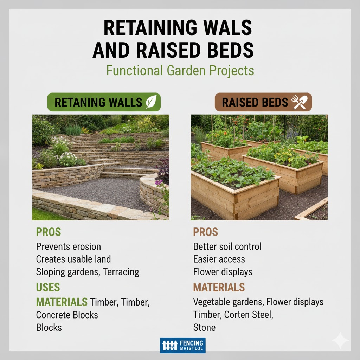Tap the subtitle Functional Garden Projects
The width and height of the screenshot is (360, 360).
pyautogui.click(x=180, y=70)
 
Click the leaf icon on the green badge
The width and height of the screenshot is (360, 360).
pyautogui.click(x=151, y=102)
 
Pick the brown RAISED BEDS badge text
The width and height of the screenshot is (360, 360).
pyautogui.click(x=255, y=102)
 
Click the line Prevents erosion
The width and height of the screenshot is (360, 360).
pyautogui.click(x=69, y=246)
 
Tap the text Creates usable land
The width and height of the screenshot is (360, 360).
pyautogui.click(x=73, y=259)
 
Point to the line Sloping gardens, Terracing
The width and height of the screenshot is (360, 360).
pyautogui.click(x=88, y=272)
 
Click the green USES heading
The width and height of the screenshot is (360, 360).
pyautogui.click(x=48, y=287)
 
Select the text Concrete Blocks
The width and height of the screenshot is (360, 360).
pyautogui.click(x=67, y=315)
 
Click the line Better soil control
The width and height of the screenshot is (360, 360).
pyautogui.click(x=227, y=246)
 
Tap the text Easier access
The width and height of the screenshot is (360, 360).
pyautogui.click(x=219, y=259)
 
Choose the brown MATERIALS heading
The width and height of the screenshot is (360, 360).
pyautogui.click(x=219, y=287)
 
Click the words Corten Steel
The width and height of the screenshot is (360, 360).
pyautogui.click(x=249, y=315)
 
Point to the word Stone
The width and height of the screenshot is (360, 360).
pyautogui.click(x=204, y=327)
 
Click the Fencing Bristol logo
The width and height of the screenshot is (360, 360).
pyautogui.click(x=182, y=345)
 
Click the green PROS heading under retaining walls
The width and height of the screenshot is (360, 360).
pyautogui.click(x=49, y=232)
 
